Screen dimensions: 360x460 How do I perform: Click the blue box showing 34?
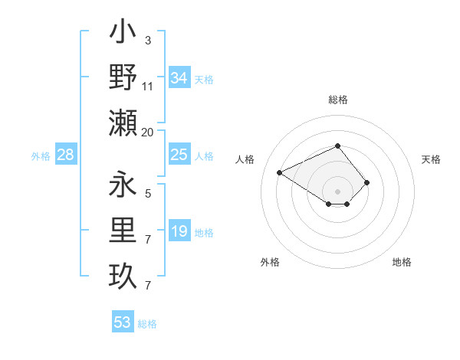click(x=179, y=78)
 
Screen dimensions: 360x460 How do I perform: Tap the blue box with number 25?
click(x=179, y=155)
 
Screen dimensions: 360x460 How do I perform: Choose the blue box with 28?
click(x=66, y=155)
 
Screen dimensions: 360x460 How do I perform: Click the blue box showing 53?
click(x=122, y=322)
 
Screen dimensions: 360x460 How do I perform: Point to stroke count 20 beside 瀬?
click(x=148, y=133)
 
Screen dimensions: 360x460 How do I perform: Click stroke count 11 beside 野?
click(x=148, y=87)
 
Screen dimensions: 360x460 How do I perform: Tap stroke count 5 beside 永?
click(x=148, y=194)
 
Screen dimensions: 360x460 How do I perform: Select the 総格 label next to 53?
click(x=147, y=324)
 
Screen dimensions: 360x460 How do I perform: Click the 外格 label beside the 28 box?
click(x=41, y=156)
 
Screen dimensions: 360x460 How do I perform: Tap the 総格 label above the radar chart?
click(x=338, y=100)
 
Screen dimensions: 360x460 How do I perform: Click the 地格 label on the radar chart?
click(x=402, y=262)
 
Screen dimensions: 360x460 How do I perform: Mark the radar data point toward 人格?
click(x=280, y=172)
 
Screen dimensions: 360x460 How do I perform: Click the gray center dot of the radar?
click(x=337, y=191)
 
